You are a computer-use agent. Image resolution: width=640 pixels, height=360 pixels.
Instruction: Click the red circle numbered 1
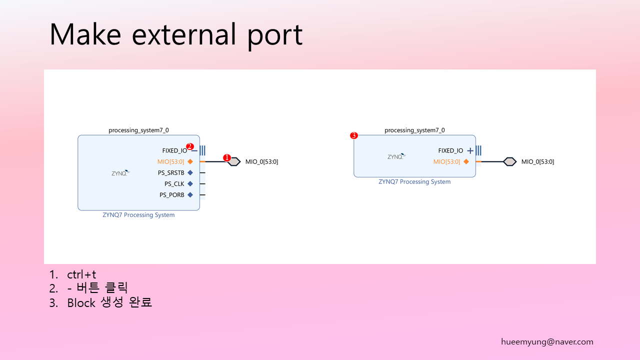click(x=227, y=157)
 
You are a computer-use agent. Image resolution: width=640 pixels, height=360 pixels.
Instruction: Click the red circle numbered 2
click(x=189, y=146)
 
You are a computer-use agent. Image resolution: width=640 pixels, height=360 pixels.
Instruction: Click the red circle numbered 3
click(x=354, y=135)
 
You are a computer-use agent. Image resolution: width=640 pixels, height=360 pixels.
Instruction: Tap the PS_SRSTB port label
click(x=171, y=173)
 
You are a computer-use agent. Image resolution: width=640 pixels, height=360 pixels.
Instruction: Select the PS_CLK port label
click(x=174, y=184)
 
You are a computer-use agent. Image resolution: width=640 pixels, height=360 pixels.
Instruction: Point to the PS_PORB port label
click(x=171, y=195)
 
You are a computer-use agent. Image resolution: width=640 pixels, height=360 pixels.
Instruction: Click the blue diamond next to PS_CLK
click(x=190, y=183)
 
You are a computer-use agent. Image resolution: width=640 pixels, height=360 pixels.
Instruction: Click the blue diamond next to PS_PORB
click(x=190, y=195)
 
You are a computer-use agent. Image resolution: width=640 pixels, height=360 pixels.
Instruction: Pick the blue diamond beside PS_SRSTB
click(x=190, y=172)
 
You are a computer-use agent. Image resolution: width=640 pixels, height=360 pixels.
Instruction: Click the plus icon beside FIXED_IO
click(x=470, y=150)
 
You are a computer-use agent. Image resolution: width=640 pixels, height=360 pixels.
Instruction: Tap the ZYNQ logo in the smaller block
click(x=396, y=156)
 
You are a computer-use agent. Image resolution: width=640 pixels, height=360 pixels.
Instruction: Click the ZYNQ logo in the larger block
click(x=120, y=173)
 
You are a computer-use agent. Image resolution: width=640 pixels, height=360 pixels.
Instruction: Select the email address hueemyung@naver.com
click(x=547, y=341)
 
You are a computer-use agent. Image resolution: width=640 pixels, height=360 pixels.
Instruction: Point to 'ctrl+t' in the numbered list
click(x=81, y=274)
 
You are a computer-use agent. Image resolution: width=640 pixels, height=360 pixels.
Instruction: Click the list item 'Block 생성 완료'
click(x=109, y=302)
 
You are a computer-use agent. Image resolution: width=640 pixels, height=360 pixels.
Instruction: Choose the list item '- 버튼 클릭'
click(x=97, y=288)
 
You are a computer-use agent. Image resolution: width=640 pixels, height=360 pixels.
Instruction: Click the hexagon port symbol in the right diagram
click(x=509, y=161)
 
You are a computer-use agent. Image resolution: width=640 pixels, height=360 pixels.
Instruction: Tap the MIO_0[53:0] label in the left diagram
click(x=261, y=161)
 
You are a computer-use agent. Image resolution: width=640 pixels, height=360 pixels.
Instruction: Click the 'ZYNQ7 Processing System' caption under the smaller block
click(x=414, y=181)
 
